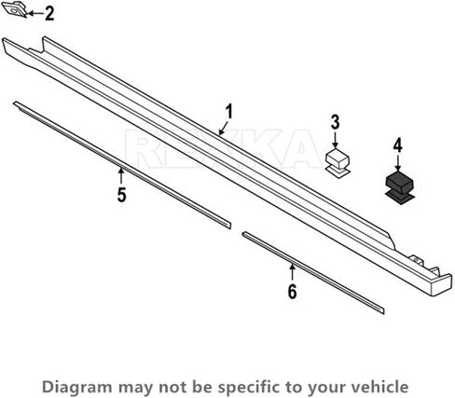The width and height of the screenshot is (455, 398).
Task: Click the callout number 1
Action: click(228, 112)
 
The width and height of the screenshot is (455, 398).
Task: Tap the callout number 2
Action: click(49, 14)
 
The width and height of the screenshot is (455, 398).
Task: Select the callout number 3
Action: click(335, 122)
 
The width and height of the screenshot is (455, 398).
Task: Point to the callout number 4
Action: click(398, 145)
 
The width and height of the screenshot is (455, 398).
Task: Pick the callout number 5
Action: click(121, 195)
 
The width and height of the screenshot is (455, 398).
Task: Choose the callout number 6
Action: click(292, 292)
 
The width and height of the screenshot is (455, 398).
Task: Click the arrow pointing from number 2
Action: click(35, 13)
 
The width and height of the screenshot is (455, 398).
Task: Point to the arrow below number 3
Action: click(335, 140)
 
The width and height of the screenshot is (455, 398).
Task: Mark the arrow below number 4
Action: click(398, 163)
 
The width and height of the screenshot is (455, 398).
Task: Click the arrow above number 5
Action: click(121, 176)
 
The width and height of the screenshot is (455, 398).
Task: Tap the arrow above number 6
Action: click(292, 273)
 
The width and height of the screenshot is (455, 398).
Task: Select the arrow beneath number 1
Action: click(223, 129)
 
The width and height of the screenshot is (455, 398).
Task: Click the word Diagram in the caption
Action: click(77, 387)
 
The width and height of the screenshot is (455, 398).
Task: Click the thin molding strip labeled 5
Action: click(122, 165)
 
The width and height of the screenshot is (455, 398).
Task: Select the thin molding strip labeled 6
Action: click(313, 272)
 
